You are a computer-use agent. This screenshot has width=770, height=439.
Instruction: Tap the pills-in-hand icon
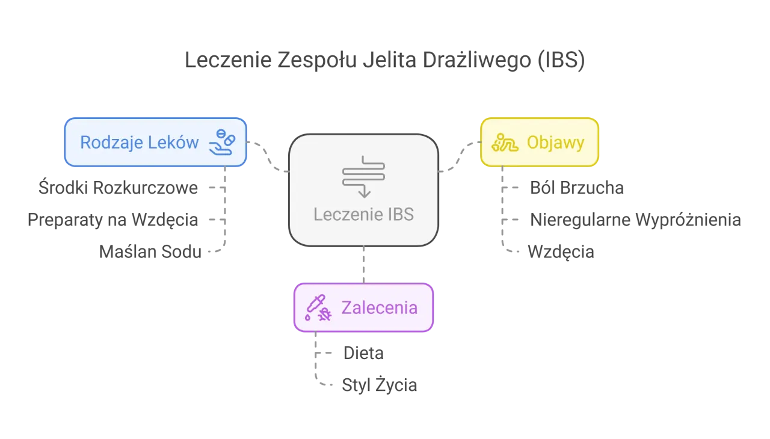[222, 142]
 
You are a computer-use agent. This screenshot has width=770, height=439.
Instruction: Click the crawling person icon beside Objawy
[505, 143]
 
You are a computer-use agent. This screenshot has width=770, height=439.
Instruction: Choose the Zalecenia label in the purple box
[379, 307]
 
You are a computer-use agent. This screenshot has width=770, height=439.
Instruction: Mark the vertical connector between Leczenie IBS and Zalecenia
[363, 263]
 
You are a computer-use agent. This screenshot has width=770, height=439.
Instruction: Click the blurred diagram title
[384, 61]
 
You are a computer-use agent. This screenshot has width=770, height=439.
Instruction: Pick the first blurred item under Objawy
[577, 189]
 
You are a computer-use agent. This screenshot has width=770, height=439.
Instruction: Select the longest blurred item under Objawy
[634, 218]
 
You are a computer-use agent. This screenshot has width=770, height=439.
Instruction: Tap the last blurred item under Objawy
[561, 250]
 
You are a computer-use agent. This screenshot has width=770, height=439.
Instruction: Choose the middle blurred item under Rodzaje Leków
[113, 218]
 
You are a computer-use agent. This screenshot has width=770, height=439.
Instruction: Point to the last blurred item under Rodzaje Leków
[149, 251]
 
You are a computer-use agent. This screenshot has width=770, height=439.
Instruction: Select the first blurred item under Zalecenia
[363, 353]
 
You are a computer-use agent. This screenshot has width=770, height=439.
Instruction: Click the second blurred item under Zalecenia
[379, 385]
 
